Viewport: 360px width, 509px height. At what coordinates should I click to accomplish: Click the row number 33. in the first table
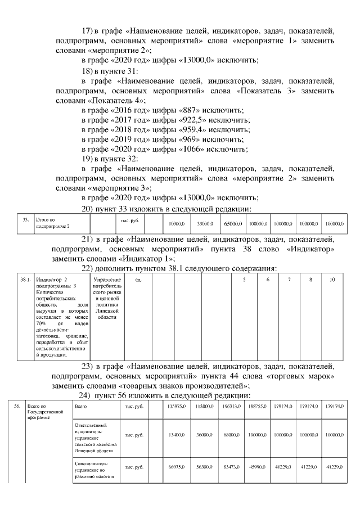25,220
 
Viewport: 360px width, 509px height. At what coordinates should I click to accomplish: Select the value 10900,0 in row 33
177,224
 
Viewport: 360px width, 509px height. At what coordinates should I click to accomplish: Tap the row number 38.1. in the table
25,279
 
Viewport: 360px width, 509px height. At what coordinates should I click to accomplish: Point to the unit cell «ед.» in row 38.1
138,279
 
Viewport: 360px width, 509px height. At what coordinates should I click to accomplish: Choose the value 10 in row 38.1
333,279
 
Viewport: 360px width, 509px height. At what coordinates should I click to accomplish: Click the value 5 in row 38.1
244,279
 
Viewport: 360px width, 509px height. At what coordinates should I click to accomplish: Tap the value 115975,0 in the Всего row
175,406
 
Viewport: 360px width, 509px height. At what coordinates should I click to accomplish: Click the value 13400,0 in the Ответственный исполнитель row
177,434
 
